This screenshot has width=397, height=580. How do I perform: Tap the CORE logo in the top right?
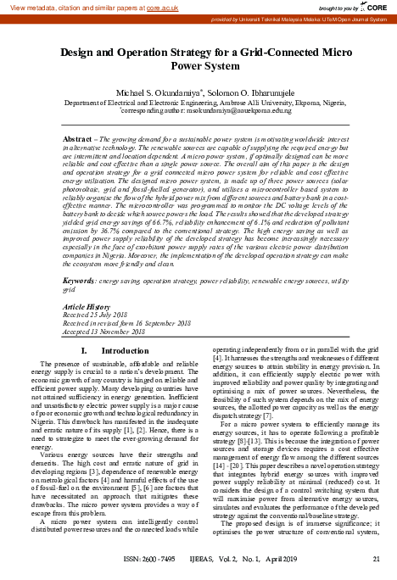(x=379, y=7)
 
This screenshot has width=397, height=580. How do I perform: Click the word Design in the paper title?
(x=84, y=53)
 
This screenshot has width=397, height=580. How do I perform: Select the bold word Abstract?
(x=78, y=137)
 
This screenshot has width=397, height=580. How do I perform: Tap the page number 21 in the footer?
(x=377, y=560)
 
